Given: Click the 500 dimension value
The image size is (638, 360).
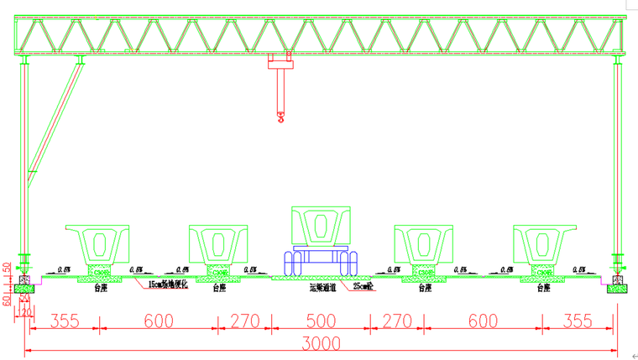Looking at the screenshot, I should (321, 321).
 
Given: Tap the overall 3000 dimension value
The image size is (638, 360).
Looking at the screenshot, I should (322, 343).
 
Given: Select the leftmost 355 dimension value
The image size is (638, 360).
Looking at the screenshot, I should (65, 321).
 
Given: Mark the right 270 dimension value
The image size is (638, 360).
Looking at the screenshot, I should (397, 321).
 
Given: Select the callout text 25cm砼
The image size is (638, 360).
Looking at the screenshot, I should (363, 287).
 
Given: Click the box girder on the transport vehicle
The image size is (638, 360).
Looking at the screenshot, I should (321, 227).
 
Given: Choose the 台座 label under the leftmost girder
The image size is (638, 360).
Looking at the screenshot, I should (101, 287).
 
